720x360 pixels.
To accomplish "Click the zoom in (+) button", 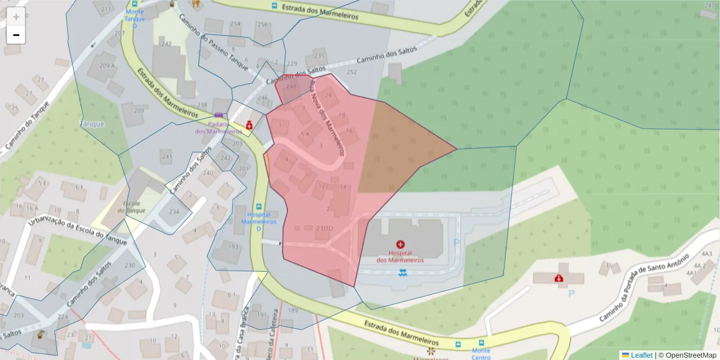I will point(16,16).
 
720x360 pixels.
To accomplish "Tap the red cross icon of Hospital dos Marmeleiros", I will point(400,245).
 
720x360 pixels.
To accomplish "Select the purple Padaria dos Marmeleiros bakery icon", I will point(219,115).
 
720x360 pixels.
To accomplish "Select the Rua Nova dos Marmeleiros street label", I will point(328,118).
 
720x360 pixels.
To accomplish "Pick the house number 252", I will point(352,72).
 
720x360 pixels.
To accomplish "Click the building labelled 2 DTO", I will point(323,228).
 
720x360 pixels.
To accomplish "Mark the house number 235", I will point(319,56).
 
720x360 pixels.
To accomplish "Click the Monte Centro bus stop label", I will point(481,354).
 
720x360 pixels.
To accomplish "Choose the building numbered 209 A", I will point(107,65).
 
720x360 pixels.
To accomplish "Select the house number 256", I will point(262,25).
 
